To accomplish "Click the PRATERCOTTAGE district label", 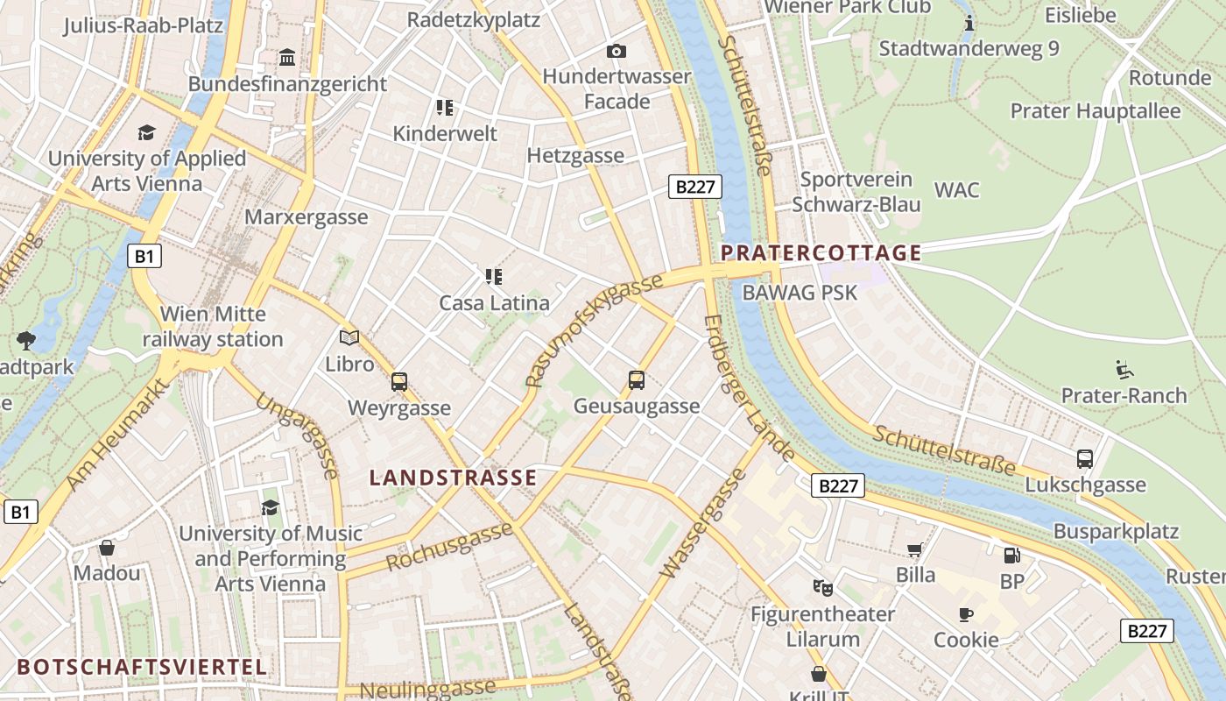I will coord(821,253).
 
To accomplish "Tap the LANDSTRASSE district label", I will coord(453,478).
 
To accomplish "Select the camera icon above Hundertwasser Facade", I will coord(617,51).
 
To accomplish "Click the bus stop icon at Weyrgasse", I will coord(399,382).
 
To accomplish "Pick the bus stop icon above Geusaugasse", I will coord(637,380).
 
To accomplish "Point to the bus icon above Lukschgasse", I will coord(1085,458).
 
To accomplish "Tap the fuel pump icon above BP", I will coord(1011,555).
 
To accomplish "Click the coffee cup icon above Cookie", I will coord(966,613).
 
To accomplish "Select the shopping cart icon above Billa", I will coord(915,549).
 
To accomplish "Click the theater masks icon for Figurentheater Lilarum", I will coord(822,587).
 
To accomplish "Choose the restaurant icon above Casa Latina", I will coord(494,277).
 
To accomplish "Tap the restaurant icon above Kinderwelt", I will coord(445,108).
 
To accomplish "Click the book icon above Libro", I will coord(349,337).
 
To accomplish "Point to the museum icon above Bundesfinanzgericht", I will coord(286,58).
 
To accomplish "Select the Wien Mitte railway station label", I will coord(213,326).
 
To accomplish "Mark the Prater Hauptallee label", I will coord(1096,111).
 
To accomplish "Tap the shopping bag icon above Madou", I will coord(107,548).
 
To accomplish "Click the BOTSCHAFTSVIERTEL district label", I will coord(142,667).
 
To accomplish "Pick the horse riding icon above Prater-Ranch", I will coord(1124,369).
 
